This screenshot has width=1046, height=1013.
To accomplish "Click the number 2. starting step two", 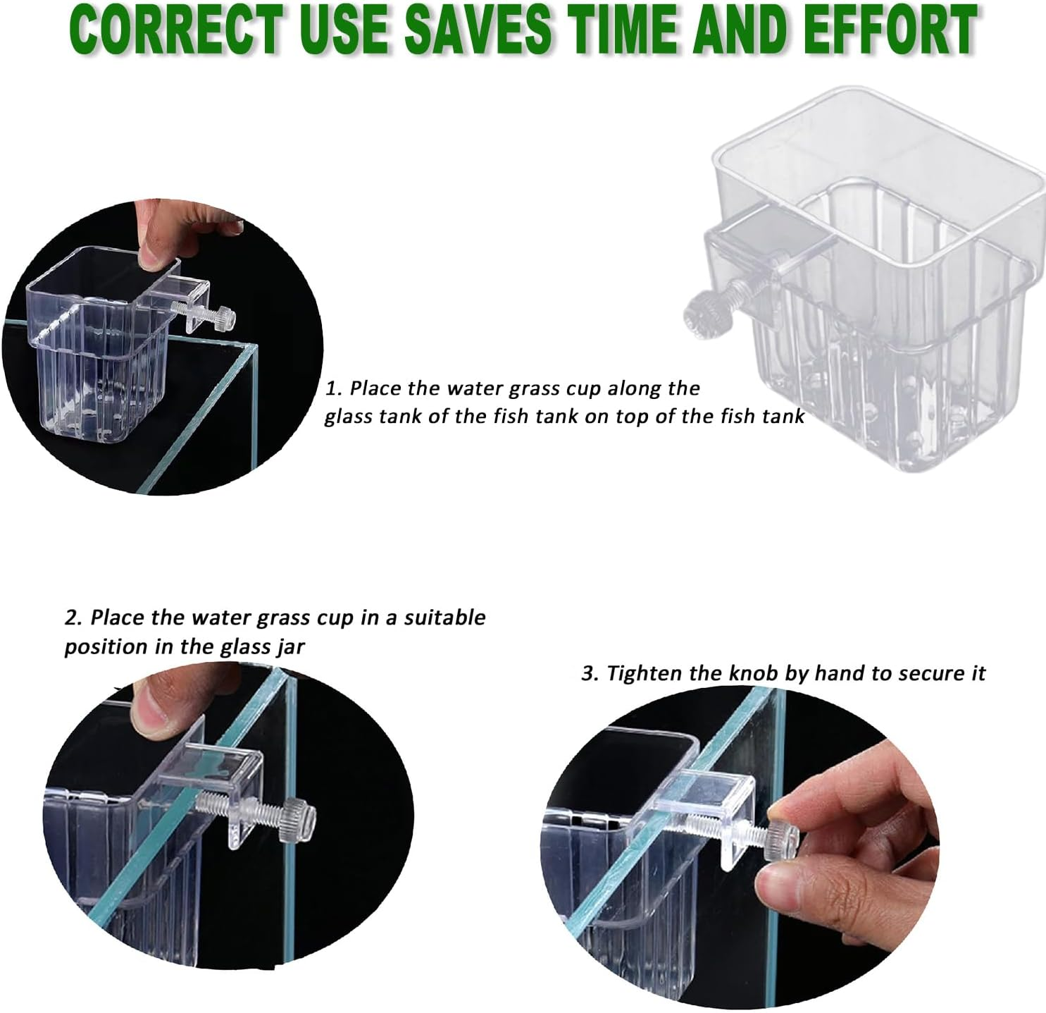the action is [x=73, y=617].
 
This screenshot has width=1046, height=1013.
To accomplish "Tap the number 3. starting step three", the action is [x=590, y=673].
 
